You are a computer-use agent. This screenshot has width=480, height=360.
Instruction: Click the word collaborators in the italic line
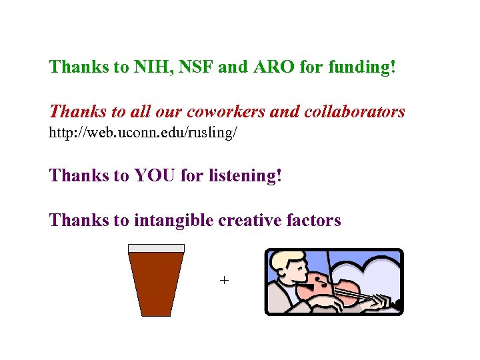point(354,112)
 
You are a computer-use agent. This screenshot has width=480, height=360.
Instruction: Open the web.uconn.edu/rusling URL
point(143,133)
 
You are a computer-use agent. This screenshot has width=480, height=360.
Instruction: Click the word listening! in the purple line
point(245,177)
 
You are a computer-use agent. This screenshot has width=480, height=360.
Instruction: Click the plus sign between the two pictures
point(224,281)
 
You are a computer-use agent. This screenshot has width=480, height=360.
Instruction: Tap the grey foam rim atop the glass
point(156,248)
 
